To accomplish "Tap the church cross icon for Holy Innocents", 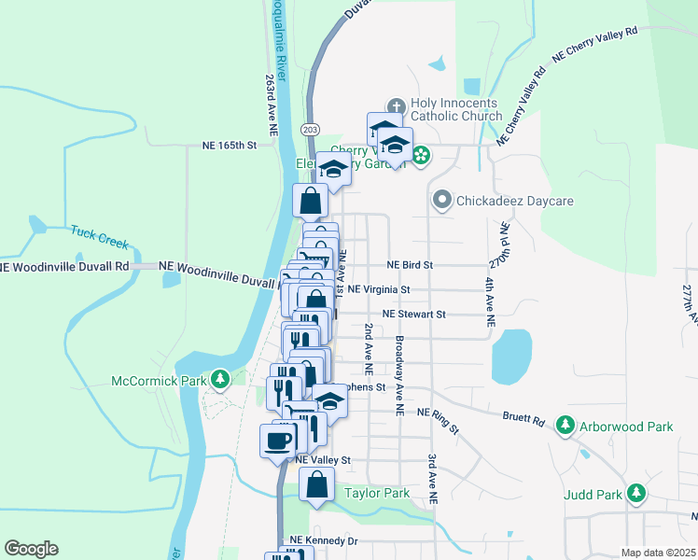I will pyautogui.click(x=395, y=105).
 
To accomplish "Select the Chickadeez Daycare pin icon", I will pyautogui.click(x=441, y=200).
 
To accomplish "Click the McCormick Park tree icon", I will pyautogui.click(x=219, y=380).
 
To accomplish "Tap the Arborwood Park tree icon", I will pyautogui.click(x=565, y=427).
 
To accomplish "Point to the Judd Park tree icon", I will pyautogui.click(x=636, y=492).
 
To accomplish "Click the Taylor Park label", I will pyautogui.click(x=377, y=493).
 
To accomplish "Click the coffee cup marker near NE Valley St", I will pyautogui.click(x=278, y=440).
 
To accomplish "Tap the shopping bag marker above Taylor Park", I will pyautogui.click(x=317, y=483).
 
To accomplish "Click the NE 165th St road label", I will pyautogui.click(x=229, y=146).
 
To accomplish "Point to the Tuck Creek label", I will pyautogui.click(x=99, y=236).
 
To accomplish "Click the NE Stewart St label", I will pyautogui.click(x=414, y=315).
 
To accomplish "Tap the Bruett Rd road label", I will pyautogui.click(x=523, y=421).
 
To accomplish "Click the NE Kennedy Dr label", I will pyautogui.click(x=323, y=540).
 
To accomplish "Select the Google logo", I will pyautogui.click(x=31, y=549).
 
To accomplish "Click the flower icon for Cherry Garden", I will pyautogui.click(x=421, y=155).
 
